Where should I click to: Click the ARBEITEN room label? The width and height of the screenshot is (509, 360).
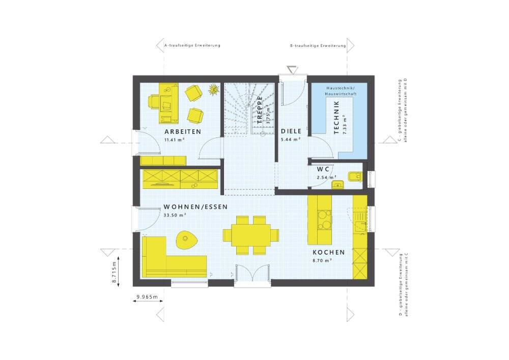183,132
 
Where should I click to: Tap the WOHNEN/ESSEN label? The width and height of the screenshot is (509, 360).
195,207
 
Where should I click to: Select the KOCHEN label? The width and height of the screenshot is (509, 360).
328,252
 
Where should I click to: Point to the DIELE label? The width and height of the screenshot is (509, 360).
291,131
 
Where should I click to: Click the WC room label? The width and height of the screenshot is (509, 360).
323,169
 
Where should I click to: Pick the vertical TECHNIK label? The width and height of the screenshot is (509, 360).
336,117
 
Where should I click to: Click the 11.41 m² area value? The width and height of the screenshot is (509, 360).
175,140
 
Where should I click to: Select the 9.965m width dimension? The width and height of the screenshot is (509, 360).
147,297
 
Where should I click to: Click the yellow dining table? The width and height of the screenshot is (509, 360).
251,235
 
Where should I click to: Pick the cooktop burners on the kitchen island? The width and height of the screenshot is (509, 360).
324,219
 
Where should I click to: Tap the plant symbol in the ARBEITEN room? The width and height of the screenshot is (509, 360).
214,89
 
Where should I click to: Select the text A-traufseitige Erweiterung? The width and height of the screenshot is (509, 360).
192,45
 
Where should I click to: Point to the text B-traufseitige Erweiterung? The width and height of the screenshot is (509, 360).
318,46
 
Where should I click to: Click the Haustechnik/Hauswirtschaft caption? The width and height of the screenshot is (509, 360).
342,91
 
